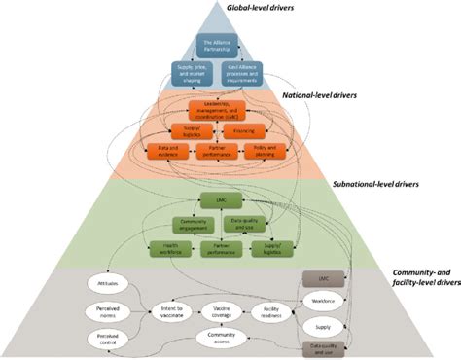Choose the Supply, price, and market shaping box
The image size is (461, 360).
coord(192,72)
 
